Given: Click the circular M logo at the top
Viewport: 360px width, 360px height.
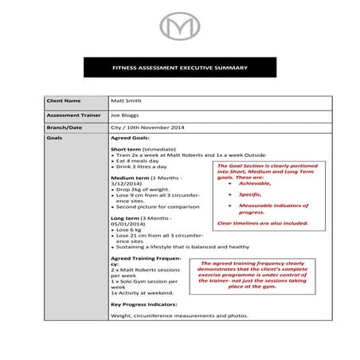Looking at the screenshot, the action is (179, 28).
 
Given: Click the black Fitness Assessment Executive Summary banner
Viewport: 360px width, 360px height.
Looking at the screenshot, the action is (179, 68).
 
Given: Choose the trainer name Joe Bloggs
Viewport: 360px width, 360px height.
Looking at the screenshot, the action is (125, 115).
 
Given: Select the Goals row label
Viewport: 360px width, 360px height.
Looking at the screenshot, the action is (55, 138).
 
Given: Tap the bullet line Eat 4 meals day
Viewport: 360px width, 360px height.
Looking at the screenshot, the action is (141, 160).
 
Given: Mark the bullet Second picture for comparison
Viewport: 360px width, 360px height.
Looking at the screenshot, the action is (156, 207).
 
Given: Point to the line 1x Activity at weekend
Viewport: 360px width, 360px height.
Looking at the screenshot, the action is (142, 294).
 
